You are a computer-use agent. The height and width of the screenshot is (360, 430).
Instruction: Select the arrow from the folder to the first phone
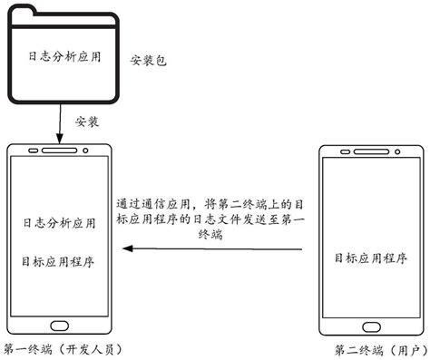pyautogui.click(x=60, y=122)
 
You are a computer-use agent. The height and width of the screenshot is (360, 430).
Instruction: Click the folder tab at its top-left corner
pyautogui.click(x=27, y=10)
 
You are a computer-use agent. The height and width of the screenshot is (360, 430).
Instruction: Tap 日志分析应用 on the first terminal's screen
pyautogui.click(x=60, y=220)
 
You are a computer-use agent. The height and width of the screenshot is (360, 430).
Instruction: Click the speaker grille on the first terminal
pyautogui.click(x=60, y=147)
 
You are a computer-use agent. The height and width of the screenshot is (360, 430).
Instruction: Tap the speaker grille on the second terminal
pyautogui.click(x=369, y=147)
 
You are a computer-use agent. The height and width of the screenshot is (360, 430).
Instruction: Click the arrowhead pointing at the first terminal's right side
pyautogui.click(x=128, y=247)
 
